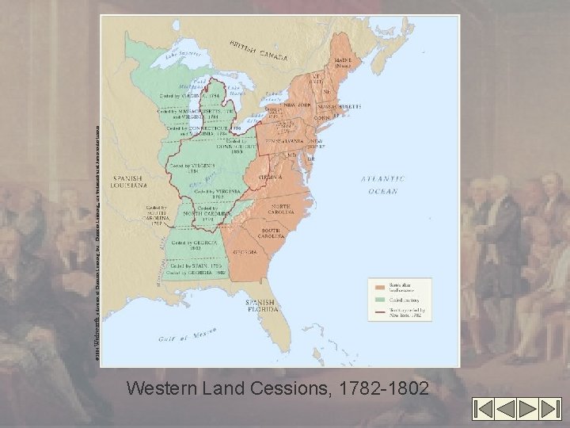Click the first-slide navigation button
coord(484,408)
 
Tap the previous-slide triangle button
coord(506,408)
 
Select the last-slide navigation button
coord(550,408)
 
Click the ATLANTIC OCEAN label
coord(383,185)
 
